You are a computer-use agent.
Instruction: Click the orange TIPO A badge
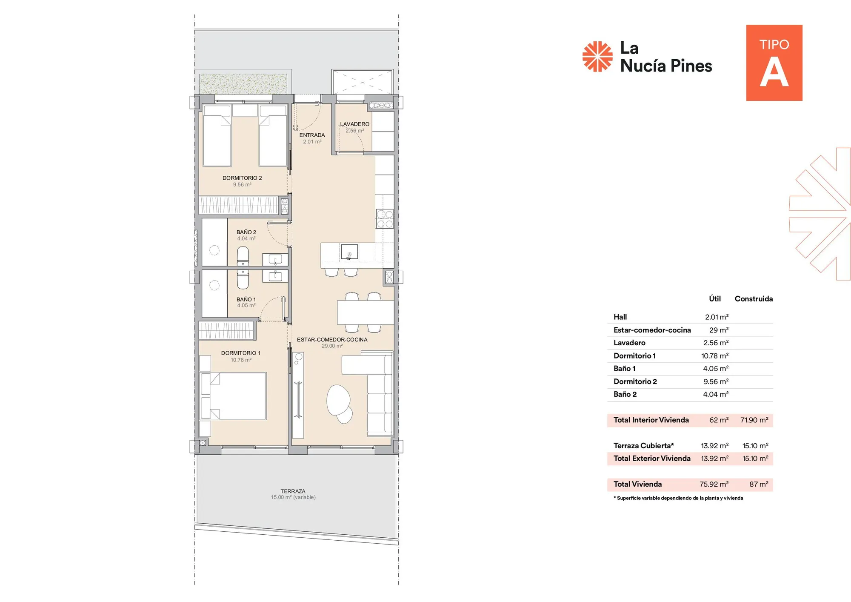click(774, 63)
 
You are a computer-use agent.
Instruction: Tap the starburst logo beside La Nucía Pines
click(597, 57)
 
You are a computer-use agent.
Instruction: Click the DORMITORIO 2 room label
click(242, 178)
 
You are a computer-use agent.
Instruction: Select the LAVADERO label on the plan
click(354, 124)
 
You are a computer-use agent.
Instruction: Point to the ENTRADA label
click(312, 135)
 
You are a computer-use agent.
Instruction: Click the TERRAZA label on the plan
click(293, 491)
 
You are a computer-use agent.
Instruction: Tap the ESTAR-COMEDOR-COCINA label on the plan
click(332, 340)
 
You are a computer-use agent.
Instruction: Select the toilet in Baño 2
click(243, 257)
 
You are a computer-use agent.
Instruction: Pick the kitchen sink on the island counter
click(349, 252)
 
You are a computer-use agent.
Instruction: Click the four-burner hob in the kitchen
click(385, 219)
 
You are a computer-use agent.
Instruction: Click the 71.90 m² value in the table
click(754, 420)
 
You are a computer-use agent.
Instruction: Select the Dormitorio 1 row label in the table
click(634, 356)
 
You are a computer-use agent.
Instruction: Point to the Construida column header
click(754, 299)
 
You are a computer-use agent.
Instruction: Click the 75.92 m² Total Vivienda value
click(714, 484)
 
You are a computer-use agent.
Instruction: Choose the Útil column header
click(715, 299)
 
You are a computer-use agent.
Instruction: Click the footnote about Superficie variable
click(678, 498)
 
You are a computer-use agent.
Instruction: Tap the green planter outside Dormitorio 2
click(243, 84)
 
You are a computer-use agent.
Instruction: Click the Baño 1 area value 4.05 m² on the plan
click(246, 306)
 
